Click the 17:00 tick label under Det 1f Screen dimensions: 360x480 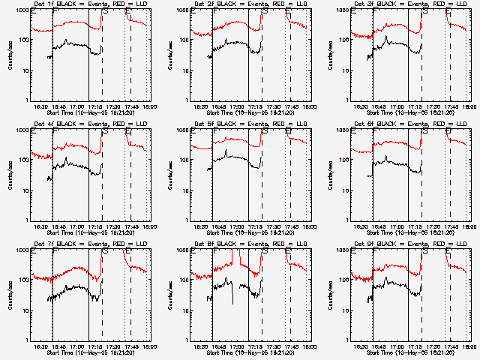click(77, 107)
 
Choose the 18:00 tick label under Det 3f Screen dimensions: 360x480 click(468, 107)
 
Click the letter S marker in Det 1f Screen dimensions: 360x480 click(105, 11)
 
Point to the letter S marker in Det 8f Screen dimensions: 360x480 click(265, 251)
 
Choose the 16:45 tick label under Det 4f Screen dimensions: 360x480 click(58, 227)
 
